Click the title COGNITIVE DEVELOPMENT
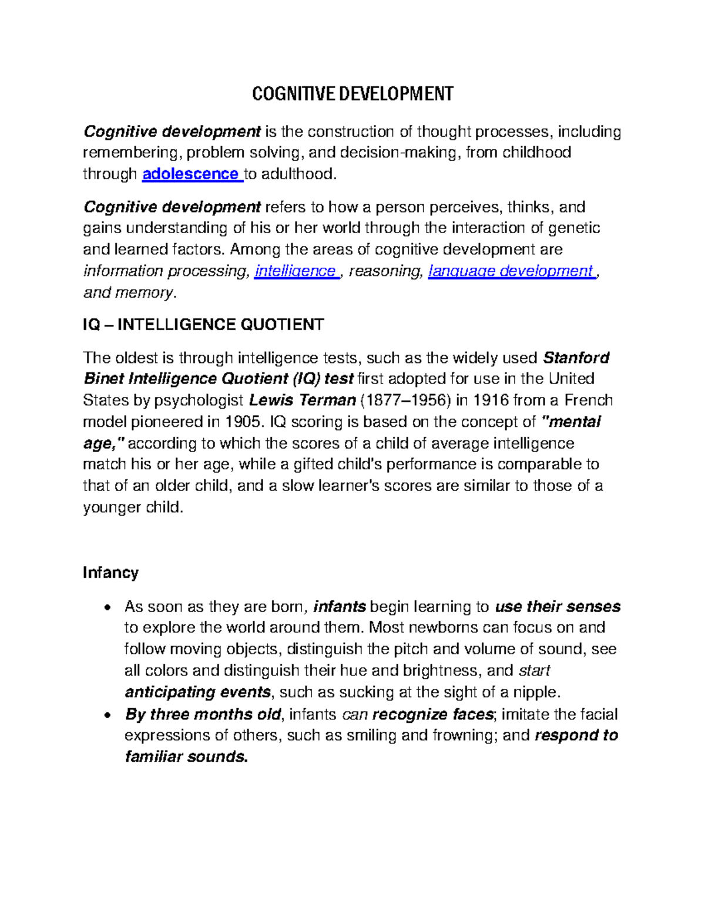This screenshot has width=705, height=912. pos(352,93)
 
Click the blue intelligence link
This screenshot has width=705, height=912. pos(295,271)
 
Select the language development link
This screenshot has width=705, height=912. pos(511,271)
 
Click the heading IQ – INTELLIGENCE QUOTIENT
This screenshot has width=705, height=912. pos(203,325)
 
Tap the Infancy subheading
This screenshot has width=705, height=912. pos(110,573)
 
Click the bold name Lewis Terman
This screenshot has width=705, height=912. pos(303,401)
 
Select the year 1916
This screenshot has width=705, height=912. pos(491,401)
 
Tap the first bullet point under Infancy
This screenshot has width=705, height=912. pos(106,607)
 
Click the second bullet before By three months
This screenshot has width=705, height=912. pos(106,715)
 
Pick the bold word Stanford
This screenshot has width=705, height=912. pos(576,358)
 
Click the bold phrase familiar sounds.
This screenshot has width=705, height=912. pos(186,756)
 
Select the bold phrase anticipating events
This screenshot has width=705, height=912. pos(197,692)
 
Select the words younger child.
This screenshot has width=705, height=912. pos(133,507)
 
